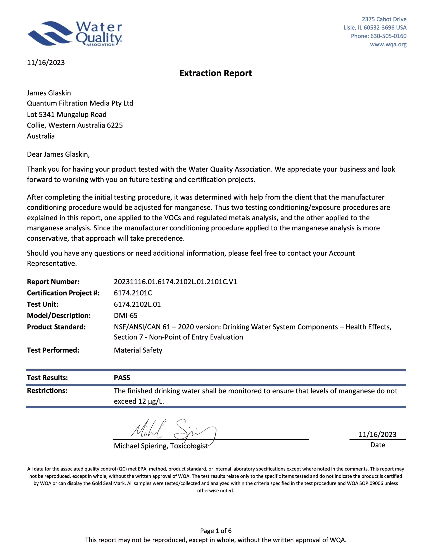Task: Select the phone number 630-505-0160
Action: tap(388, 36)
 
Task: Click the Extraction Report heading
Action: tap(216, 73)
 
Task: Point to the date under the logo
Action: tap(46, 63)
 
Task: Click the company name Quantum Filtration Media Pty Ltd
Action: tap(80, 103)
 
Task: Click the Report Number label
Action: tap(53, 282)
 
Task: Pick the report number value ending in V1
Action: tap(175, 282)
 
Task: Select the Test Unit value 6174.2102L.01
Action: tap(137, 304)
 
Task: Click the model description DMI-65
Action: tap(126, 315)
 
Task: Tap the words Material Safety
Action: tap(138, 350)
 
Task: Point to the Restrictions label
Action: tap(47, 390)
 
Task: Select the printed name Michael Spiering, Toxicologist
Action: tap(161, 446)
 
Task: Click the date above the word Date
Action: tap(377, 434)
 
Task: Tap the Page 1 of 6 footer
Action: tap(216, 531)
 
